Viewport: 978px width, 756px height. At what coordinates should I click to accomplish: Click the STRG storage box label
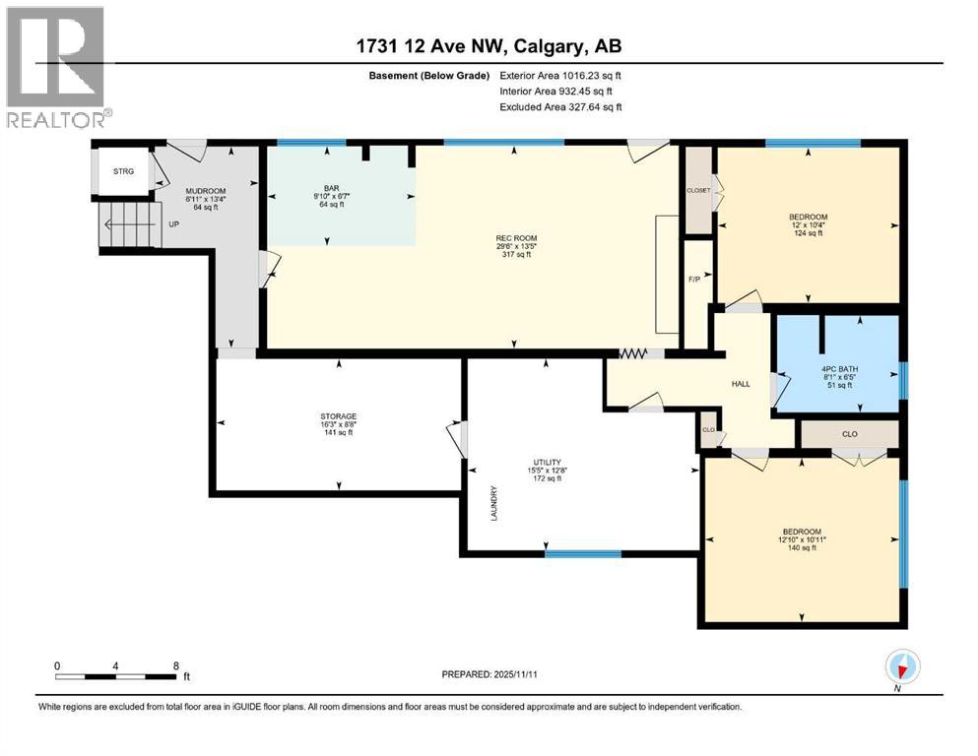coord(123,171)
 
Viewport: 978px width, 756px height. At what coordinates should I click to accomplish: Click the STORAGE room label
coord(338,416)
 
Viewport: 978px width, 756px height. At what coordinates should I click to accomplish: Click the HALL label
coord(742,383)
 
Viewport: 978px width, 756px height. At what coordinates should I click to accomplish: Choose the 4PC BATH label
coord(832,370)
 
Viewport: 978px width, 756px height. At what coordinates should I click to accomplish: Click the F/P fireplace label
coord(694,279)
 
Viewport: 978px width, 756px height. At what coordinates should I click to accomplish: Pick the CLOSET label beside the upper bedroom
coord(698,190)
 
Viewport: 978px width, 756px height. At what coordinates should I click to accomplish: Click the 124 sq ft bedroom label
coord(808,217)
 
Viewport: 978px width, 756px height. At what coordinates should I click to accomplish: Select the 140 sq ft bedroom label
coord(803,532)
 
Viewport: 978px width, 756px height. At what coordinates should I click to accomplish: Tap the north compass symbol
coord(903,667)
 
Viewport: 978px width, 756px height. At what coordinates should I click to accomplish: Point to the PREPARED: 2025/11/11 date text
coord(489,674)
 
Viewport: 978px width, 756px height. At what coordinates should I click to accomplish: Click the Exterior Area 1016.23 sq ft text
coord(560,75)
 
